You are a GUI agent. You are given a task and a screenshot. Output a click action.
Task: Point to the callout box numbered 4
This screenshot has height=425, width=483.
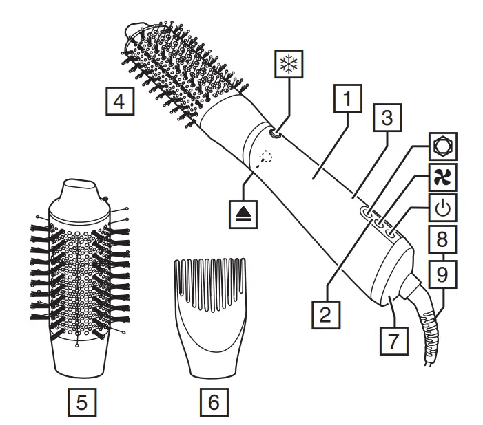pos(119,101)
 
